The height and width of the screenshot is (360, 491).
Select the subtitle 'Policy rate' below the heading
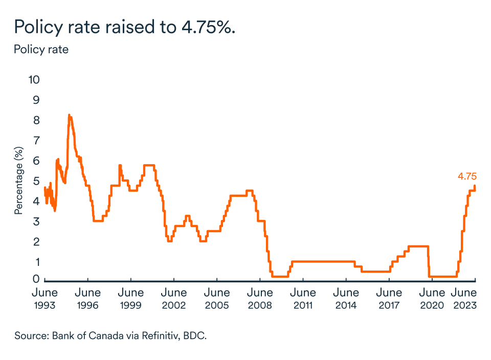click(41, 50)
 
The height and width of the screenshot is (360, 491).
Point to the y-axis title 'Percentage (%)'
click(18, 180)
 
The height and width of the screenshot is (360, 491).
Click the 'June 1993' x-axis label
click(45, 299)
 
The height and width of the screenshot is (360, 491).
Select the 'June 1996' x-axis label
click(88, 299)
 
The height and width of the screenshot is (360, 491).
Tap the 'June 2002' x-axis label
click(174, 299)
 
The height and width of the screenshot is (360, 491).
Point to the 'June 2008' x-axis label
click(260, 299)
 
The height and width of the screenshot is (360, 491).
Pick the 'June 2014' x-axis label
click(346, 299)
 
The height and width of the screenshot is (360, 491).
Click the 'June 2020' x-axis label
click(432, 299)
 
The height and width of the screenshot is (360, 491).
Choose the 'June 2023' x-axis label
click(465, 299)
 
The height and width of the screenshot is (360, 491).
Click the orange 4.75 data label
click(467, 176)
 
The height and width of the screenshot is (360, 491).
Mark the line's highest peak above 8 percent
click(69, 115)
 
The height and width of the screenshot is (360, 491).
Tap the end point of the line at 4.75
click(475, 186)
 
